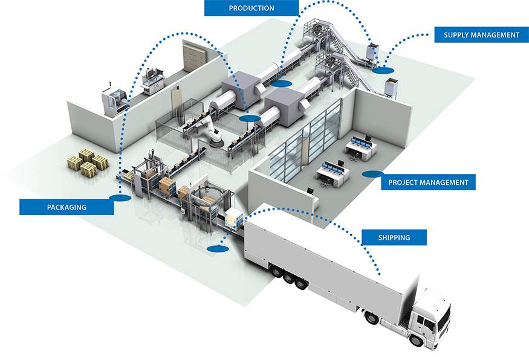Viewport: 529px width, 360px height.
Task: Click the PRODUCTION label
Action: click(251, 8)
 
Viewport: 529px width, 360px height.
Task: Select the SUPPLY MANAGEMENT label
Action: click(481, 34)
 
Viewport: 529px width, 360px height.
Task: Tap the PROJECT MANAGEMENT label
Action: click(428, 182)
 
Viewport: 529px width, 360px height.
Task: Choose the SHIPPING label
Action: click(394, 237)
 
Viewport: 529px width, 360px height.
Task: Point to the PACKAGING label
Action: click(67, 207)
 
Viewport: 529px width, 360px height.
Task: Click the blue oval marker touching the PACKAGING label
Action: click(120, 197)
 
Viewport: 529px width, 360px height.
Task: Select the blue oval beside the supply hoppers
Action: click(381, 71)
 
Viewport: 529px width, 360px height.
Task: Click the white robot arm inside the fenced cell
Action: click(211, 129)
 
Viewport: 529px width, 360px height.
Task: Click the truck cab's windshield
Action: click(443, 315)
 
